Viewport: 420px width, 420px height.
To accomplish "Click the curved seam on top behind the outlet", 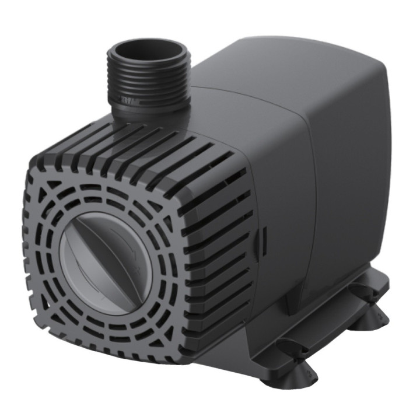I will pos(233,93).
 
